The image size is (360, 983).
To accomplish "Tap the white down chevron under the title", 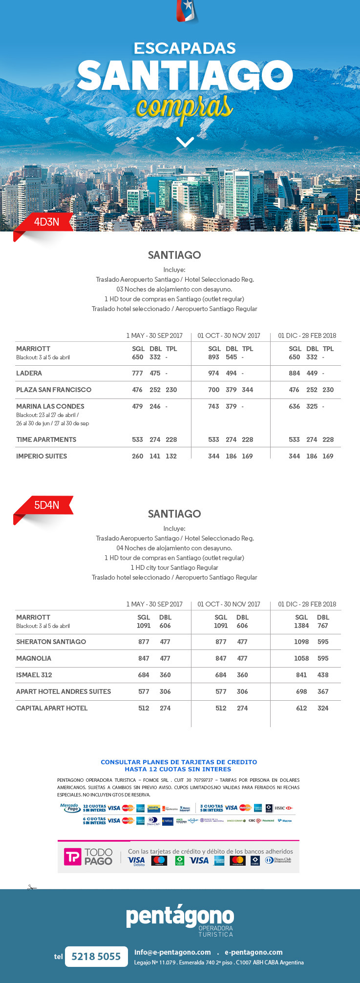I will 185,142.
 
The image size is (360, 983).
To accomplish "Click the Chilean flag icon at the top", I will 186,11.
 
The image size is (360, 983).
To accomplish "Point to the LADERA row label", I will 29,373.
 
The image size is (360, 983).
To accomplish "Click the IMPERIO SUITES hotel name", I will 42,456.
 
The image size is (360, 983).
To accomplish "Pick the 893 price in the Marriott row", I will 214,357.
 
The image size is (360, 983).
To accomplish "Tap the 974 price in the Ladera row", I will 214,373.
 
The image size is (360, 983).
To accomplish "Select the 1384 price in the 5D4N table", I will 301,626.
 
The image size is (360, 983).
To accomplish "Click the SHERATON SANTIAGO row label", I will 51,642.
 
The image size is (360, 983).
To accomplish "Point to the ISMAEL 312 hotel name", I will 34,675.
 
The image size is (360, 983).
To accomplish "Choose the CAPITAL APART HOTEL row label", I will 52,708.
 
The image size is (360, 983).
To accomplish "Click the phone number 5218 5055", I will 96,957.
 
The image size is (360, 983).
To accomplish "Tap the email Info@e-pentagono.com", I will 172,952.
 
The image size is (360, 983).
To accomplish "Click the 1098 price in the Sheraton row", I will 301,642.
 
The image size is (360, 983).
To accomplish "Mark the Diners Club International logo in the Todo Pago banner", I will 278,860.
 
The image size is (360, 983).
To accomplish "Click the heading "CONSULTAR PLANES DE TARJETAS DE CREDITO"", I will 179,762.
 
